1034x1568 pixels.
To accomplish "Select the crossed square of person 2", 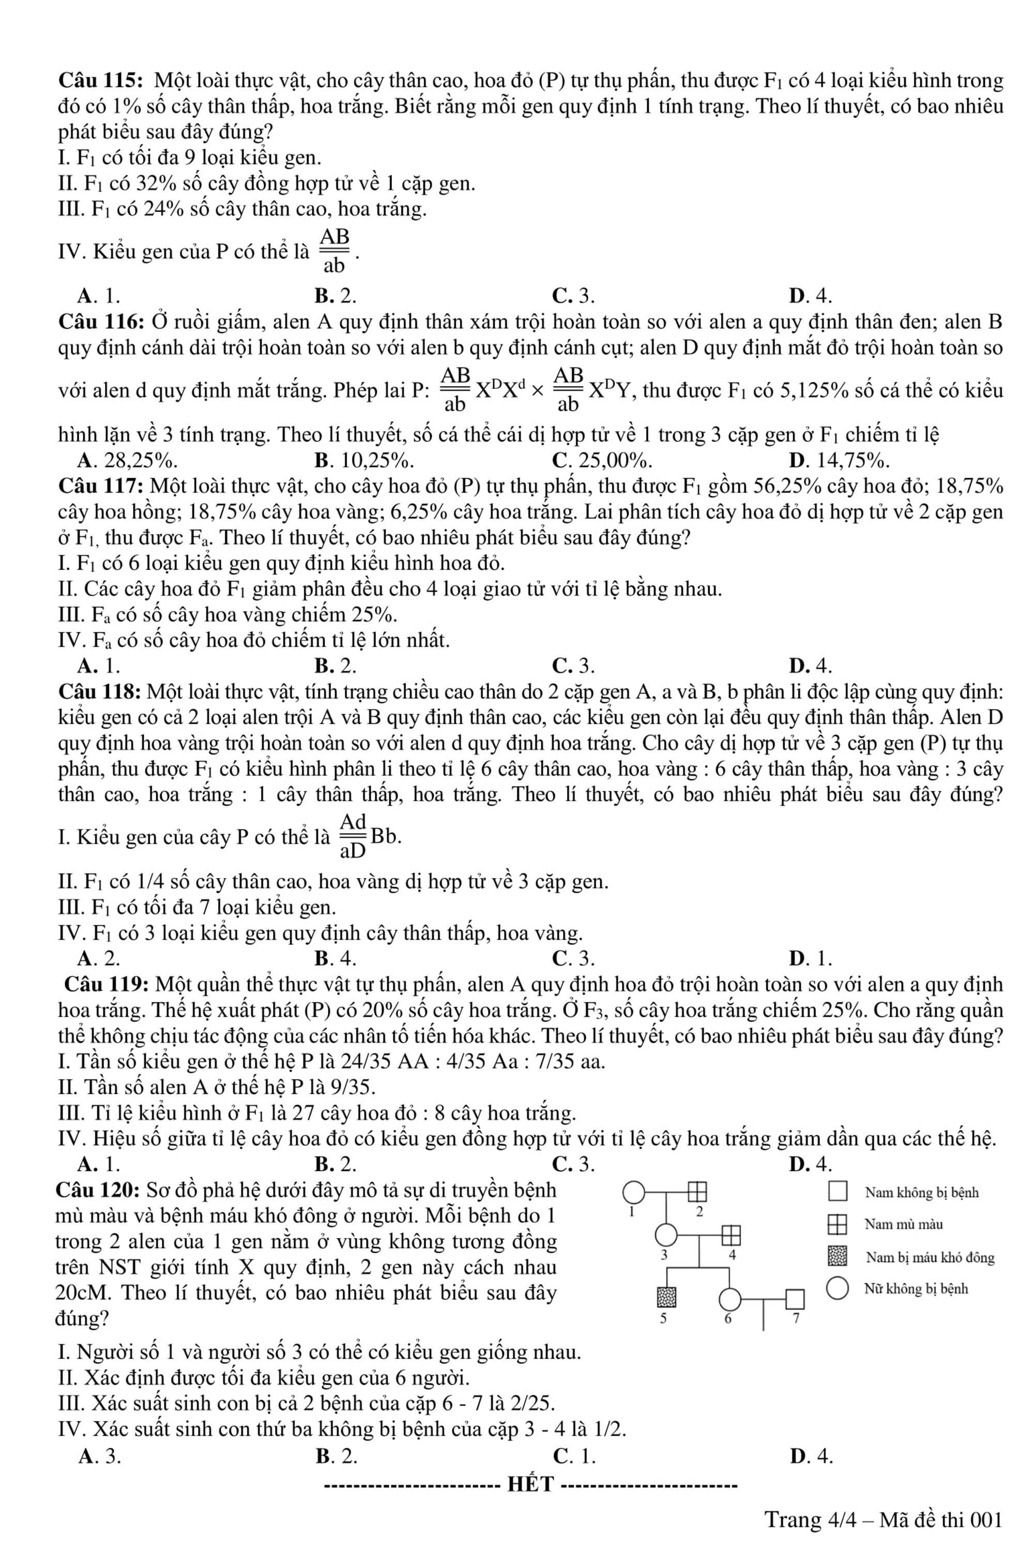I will coord(697,1192).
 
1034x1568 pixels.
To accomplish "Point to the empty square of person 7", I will coord(795,1299).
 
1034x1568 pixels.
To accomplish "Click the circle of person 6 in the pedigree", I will coord(730,1299).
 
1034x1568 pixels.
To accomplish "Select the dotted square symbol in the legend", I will coord(838,1256).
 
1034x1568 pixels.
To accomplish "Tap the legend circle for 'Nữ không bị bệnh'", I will coord(838,1289).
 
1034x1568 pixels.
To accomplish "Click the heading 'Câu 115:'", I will coord(102,81).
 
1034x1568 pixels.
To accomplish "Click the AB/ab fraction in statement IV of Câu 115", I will coord(334,251).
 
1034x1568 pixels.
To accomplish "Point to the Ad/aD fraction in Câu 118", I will coord(354,836).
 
